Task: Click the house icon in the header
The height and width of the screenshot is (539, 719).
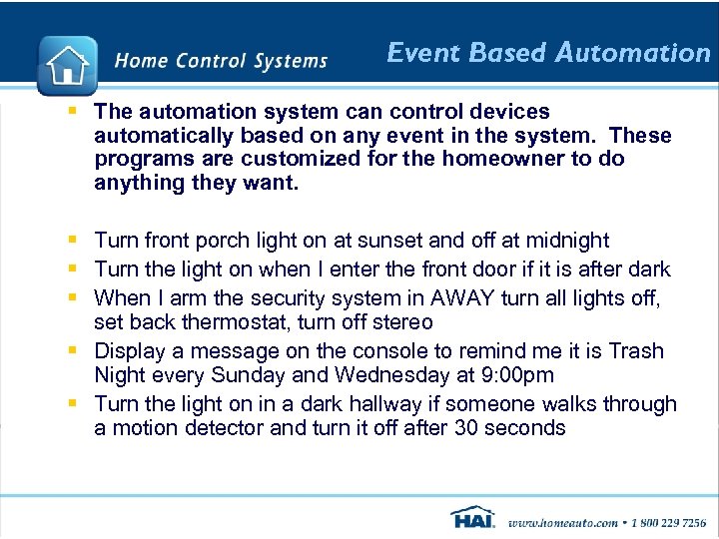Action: pyautogui.click(x=67, y=66)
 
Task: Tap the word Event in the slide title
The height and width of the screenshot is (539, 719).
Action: pyautogui.click(x=414, y=53)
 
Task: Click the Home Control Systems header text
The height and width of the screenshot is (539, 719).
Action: pyautogui.click(x=221, y=61)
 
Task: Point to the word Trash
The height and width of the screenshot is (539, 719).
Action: pyautogui.click(x=633, y=351)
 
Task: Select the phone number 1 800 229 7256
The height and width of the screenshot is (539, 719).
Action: pyautogui.click(x=667, y=522)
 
